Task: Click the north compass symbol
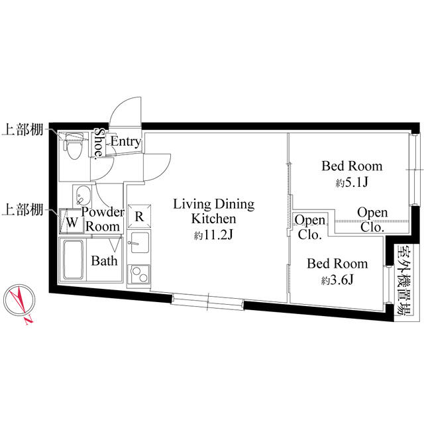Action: pyautogui.click(x=19, y=303)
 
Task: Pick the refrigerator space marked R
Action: pyautogui.click(x=139, y=215)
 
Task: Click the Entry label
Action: pyautogui.click(x=125, y=141)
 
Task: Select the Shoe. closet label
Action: pyautogui.click(x=98, y=144)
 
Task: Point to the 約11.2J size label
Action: pyautogui.click(x=213, y=235)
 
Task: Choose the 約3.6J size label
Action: pyautogui.click(x=337, y=280)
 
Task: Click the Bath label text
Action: pyautogui.click(x=105, y=260)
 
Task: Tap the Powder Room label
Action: pyautogui.click(x=103, y=219)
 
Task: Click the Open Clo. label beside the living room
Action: pyautogui.click(x=309, y=227)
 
